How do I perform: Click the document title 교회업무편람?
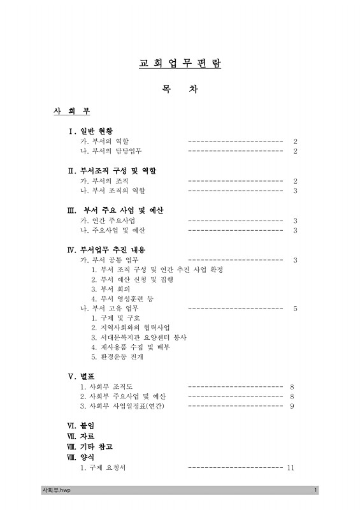180,63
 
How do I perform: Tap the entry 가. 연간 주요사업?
107,221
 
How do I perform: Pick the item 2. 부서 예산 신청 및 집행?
132,279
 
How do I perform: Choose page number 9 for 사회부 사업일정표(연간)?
292,406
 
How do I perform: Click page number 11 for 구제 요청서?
291,468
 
